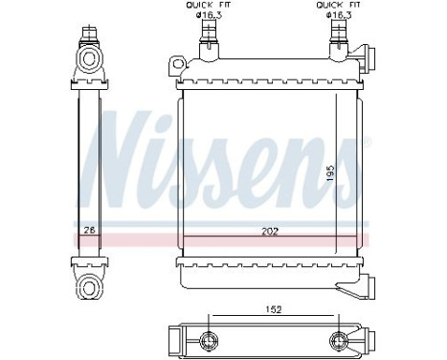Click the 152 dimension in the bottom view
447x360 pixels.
click(273, 308)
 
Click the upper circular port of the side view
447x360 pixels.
click(91, 58)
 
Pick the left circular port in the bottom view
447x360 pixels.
click(208, 339)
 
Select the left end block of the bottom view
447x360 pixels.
click(173, 339)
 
